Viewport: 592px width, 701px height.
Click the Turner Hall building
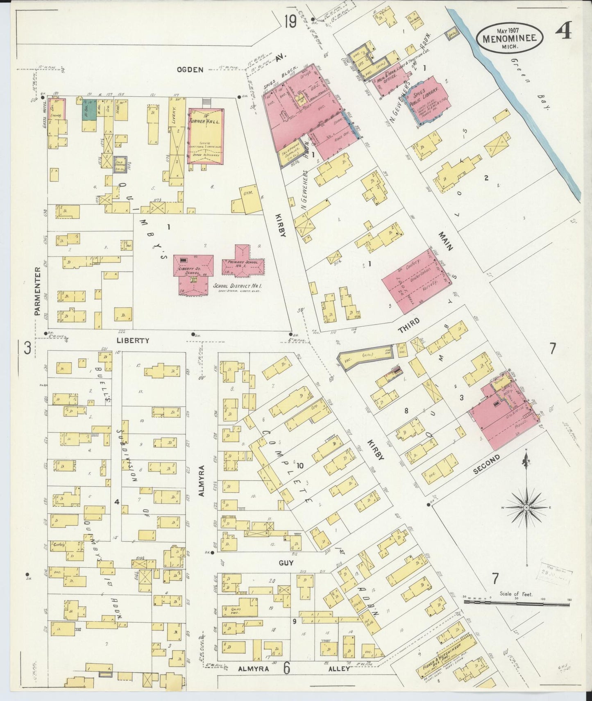point(206,135)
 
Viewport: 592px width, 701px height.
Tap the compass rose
point(526,508)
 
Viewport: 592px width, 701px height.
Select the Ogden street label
point(190,70)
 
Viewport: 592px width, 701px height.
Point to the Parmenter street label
point(38,291)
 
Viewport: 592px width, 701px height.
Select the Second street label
point(486,465)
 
